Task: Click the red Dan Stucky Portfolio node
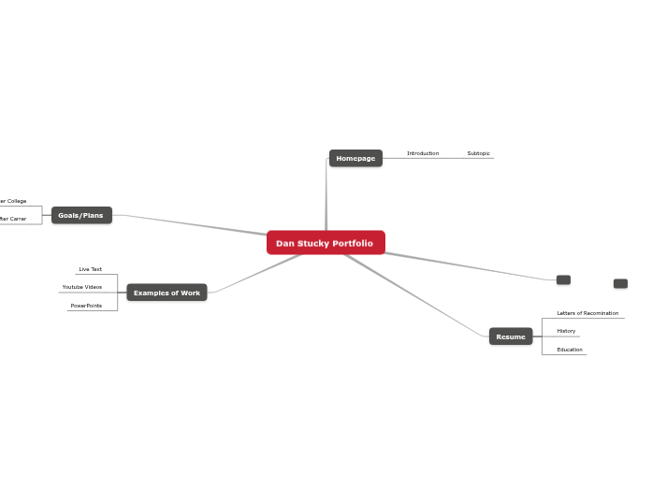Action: [x=326, y=243]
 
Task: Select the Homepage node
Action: [x=355, y=159]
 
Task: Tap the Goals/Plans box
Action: [x=81, y=216]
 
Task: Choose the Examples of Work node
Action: [x=167, y=293]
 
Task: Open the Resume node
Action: [x=511, y=336]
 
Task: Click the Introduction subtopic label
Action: [x=423, y=153]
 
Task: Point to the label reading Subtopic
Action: [x=478, y=153]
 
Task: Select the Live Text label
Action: [x=91, y=269]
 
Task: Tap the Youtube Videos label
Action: [x=82, y=287]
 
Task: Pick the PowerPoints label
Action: [x=86, y=306]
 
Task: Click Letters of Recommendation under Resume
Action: [x=587, y=313]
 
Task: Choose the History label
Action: [x=566, y=331]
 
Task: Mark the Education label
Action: [x=570, y=350]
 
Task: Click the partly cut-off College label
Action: [x=13, y=201]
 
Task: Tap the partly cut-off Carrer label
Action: [x=13, y=219]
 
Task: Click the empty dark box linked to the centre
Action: [x=563, y=279]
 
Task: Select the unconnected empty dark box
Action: [x=620, y=283]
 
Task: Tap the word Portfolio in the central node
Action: [x=352, y=243]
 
